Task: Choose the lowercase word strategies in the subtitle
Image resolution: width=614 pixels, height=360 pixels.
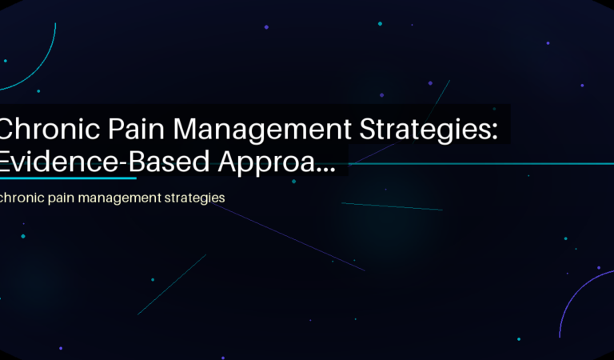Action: click(x=196, y=197)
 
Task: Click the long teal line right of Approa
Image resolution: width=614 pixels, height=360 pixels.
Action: click(x=480, y=163)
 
